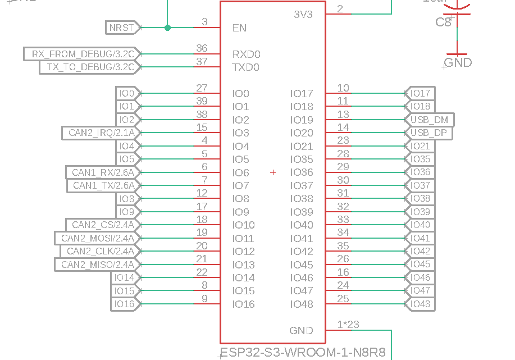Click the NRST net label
click(x=122, y=28)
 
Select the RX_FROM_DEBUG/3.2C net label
click(x=83, y=54)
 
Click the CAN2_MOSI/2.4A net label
click(x=97, y=238)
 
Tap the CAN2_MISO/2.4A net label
click(x=97, y=265)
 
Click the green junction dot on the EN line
click(x=167, y=28)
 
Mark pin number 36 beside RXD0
click(x=202, y=49)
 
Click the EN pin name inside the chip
click(x=239, y=28)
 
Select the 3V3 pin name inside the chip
click(x=303, y=14)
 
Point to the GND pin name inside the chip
click(x=301, y=331)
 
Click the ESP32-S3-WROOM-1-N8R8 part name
click(x=303, y=353)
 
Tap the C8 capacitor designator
click(x=443, y=22)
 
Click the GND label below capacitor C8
click(x=458, y=62)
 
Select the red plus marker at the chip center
click(x=273, y=172)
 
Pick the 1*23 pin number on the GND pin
click(x=348, y=324)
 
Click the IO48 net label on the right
click(x=420, y=304)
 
